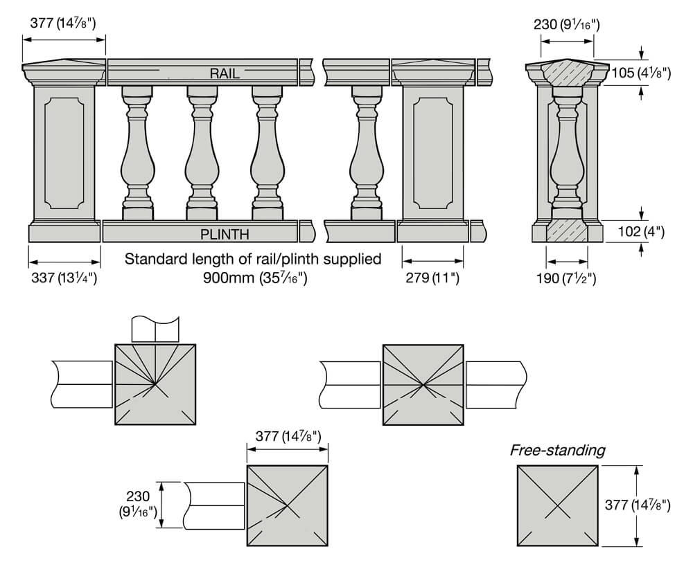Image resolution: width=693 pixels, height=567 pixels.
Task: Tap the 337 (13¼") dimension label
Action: click(x=62, y=278)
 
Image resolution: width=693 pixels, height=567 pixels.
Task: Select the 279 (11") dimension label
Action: click(x=432, y=278)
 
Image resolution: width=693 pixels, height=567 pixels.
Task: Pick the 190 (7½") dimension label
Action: click(x=567, y=278)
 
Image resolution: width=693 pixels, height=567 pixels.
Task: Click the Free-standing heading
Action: click(x=557, y=451)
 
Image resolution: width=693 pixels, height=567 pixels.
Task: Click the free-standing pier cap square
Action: click(x=557, y=506)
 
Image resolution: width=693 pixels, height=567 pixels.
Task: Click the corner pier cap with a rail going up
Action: click(x=155, y=384)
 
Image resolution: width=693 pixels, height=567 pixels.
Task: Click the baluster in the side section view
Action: click(x=567, y=152)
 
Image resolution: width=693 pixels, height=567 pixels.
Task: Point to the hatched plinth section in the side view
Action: click(x=567, y=231)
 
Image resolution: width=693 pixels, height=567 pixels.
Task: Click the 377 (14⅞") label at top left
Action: click(x=63, y=23)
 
